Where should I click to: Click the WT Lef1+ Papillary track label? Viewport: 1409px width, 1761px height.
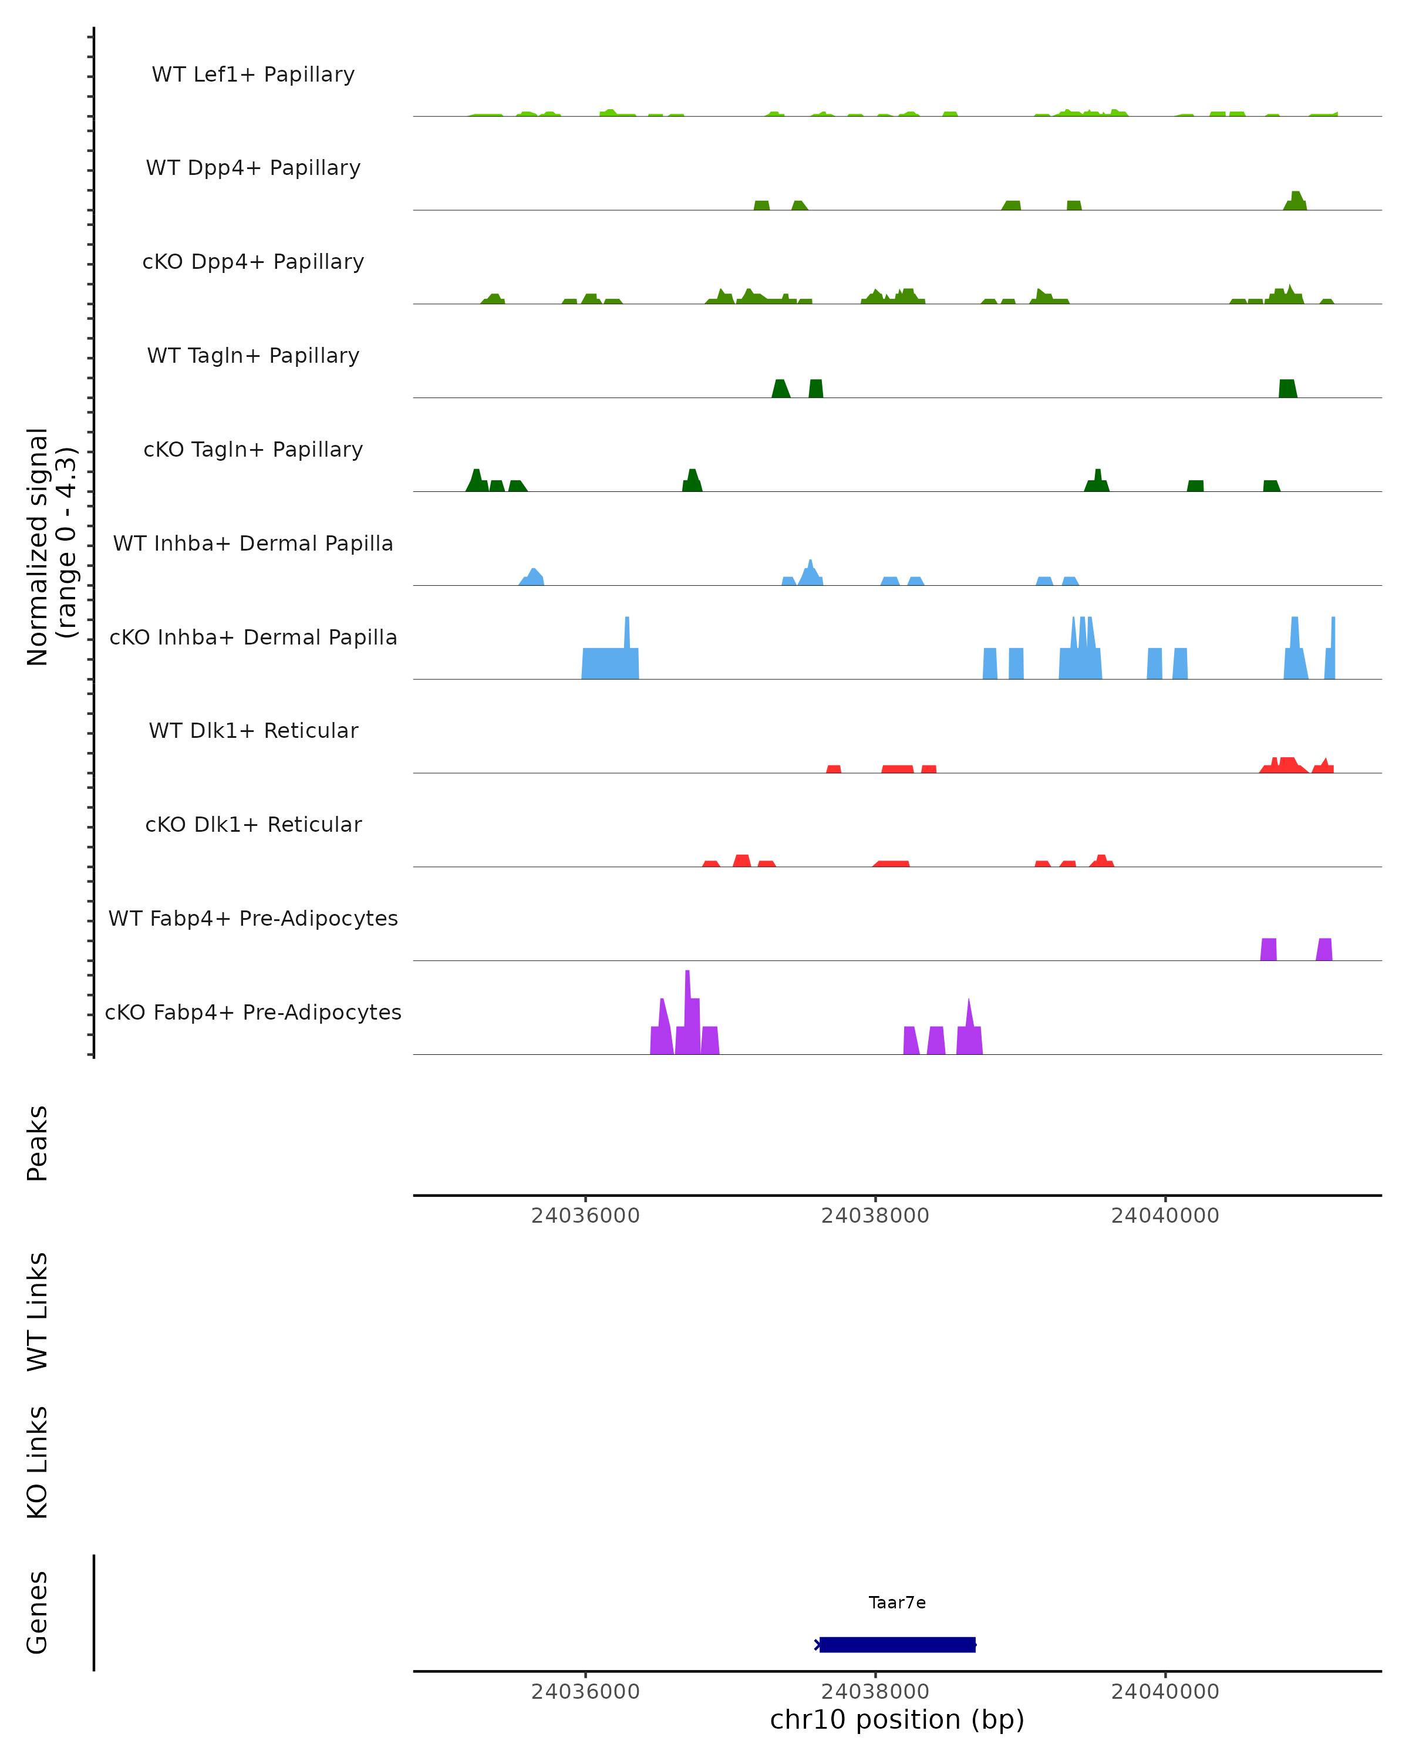[253, 75]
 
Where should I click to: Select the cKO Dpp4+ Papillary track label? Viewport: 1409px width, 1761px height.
[253, 262]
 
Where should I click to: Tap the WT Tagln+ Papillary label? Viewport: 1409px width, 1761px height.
[253, 356]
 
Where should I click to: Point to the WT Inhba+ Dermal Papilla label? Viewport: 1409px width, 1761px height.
[253, 544]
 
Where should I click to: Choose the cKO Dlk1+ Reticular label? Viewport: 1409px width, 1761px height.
[253, 825]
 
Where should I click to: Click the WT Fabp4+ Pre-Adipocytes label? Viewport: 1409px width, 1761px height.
[253, 919]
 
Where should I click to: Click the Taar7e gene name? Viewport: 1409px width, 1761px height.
[897, 1603]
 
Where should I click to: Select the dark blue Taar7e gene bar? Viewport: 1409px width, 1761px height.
[897, 1645]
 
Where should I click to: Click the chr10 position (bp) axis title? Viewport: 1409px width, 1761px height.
[897, 1720]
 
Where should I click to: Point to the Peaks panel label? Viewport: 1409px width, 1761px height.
[38, 1143]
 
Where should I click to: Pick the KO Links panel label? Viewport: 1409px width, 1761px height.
[38, 1462]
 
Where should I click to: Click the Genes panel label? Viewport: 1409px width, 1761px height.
[38, 1612]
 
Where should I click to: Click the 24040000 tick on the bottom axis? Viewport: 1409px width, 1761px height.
[1165, 1692]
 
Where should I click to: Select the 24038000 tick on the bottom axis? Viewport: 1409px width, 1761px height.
[875, 1692]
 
